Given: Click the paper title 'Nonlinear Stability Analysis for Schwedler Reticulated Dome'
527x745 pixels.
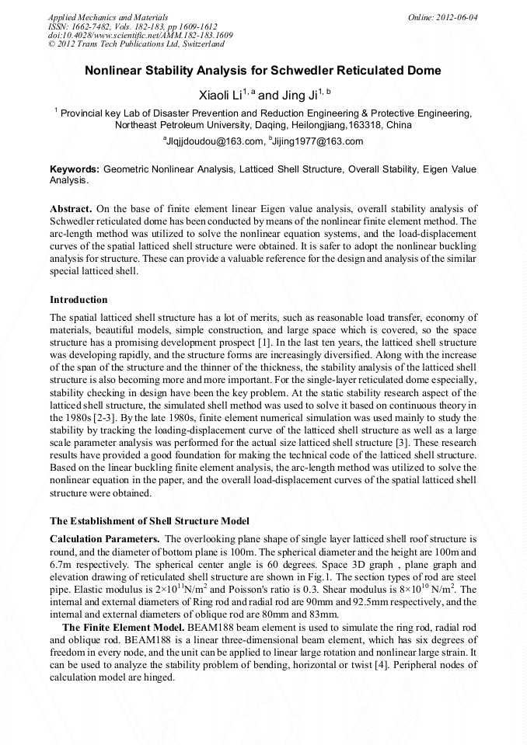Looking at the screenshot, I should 263,71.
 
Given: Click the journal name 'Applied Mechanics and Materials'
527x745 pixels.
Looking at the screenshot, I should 107,16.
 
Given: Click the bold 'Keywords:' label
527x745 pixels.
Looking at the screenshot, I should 75,169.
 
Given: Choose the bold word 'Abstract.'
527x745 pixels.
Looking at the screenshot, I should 71,209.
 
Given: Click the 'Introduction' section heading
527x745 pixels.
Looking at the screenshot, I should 79,299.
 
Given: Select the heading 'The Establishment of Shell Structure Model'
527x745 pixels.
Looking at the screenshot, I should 149,520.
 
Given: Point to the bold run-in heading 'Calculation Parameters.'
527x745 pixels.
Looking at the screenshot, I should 105,539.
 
